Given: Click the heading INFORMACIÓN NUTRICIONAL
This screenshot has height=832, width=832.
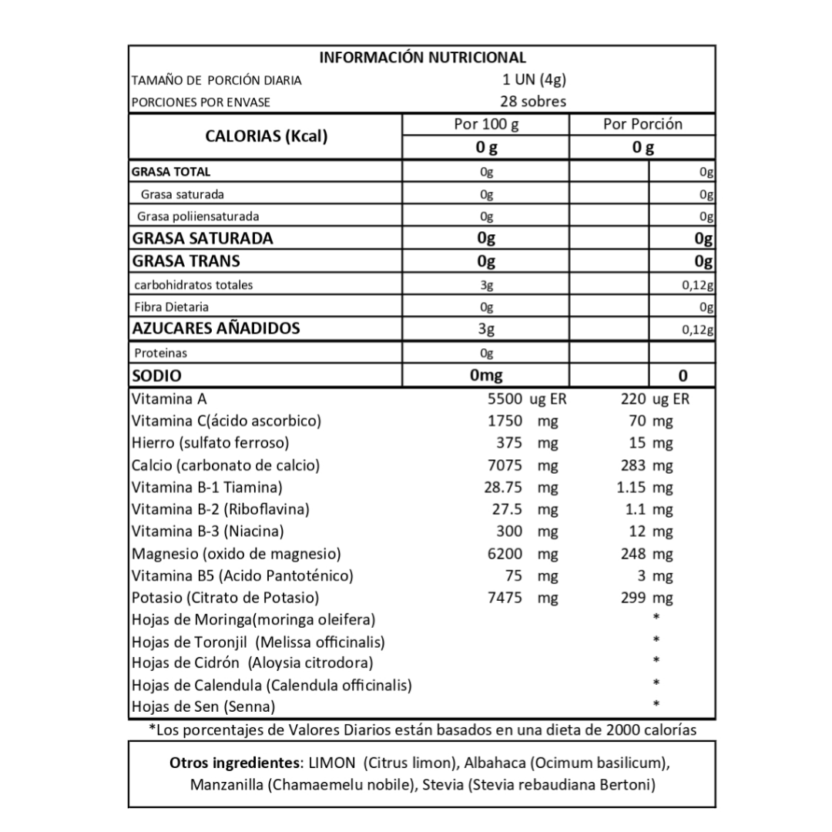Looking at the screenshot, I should pos(422,58).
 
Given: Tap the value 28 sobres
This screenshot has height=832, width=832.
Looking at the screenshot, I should pos(533,102).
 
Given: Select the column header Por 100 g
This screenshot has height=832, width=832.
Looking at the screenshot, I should pos(485,124).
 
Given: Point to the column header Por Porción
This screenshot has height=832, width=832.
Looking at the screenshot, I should pos(642,124).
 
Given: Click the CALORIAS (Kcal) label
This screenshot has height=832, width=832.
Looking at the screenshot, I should pos(266,136).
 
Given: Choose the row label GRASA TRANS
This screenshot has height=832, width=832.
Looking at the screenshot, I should pos(186,261).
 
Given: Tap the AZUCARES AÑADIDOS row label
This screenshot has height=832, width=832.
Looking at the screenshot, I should pos(216,329).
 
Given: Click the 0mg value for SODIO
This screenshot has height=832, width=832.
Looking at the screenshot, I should pos(485,376).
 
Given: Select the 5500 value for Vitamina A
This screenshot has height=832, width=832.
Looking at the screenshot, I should pos(505,399).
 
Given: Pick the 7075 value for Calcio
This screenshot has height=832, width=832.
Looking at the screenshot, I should pos(505,465).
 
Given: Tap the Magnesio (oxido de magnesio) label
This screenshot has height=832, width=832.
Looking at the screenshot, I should pos(237,554).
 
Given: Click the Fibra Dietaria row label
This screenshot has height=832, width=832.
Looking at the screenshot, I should pos(171,307).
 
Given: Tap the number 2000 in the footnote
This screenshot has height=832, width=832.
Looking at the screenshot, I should pos(626,730).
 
